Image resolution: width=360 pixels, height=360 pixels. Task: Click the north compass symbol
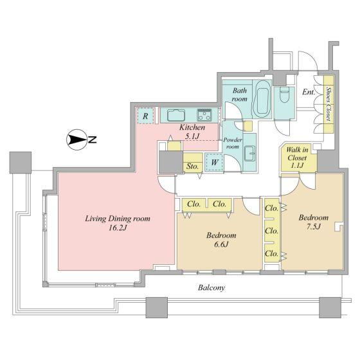76,139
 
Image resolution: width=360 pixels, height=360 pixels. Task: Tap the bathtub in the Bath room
262,99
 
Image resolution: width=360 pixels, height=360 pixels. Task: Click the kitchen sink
176,115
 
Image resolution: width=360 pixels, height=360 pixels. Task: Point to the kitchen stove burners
204,115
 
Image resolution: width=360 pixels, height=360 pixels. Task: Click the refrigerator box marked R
145,116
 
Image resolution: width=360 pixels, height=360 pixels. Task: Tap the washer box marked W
215,162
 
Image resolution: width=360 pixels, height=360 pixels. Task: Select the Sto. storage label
192,166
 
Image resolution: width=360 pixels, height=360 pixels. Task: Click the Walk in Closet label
297,157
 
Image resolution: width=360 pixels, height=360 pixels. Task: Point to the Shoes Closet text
328,104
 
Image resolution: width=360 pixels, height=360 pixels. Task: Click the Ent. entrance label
309,92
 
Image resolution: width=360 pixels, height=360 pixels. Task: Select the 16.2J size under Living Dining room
118,228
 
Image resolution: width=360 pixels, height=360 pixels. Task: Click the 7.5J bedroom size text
314,226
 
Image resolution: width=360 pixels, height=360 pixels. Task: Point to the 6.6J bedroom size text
221,244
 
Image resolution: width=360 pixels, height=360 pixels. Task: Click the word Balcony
212,287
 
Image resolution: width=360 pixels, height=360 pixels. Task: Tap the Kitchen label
192,127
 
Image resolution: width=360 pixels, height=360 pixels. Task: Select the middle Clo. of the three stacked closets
271,231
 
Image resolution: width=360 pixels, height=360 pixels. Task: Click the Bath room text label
239,94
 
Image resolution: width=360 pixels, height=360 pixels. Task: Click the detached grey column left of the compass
21,162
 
